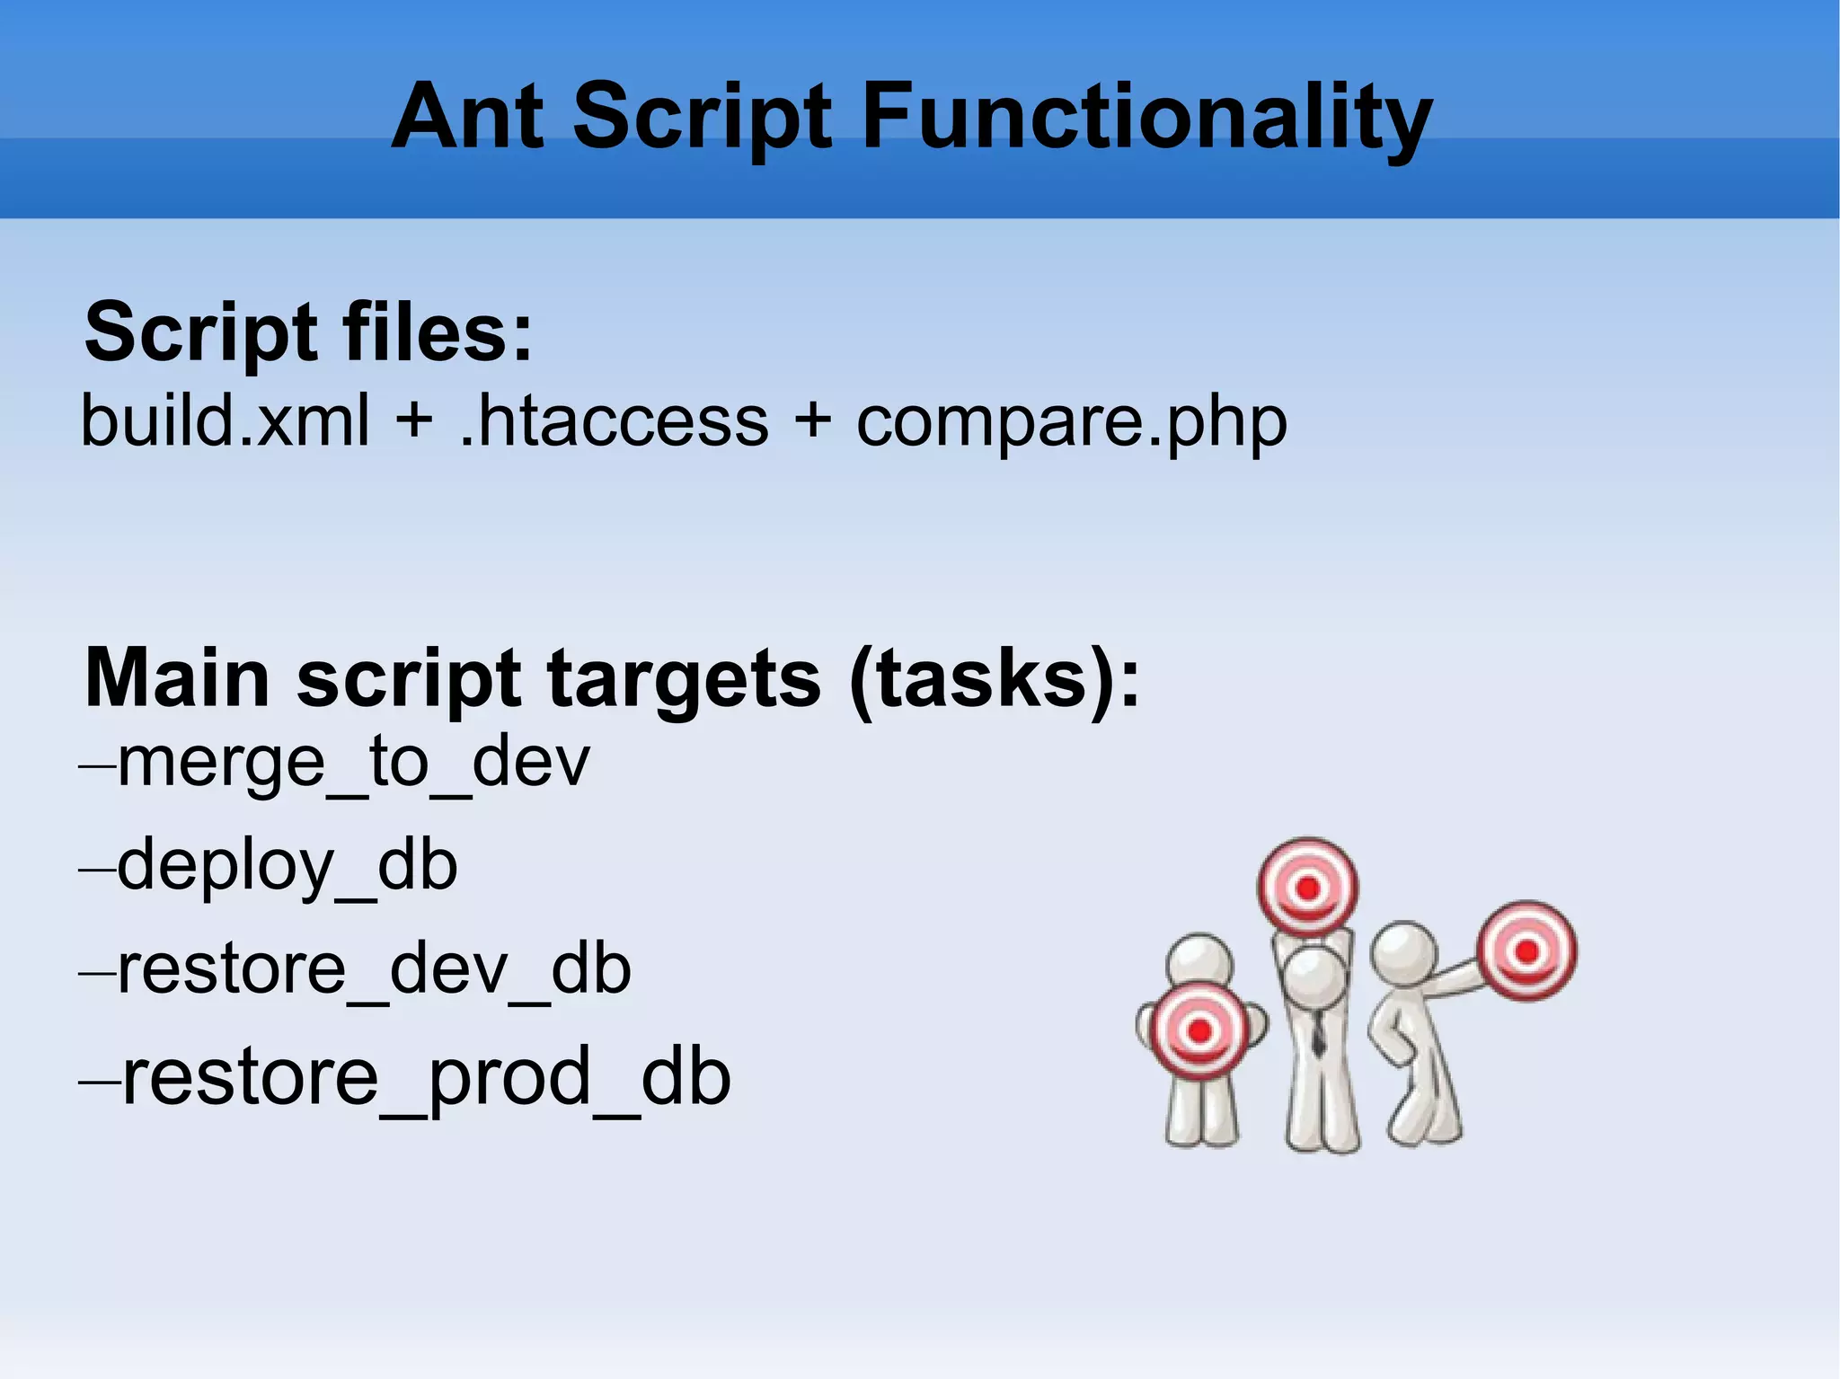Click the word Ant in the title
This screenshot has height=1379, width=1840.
coord(468,117)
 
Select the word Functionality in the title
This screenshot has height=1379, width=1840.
coord(1146,117)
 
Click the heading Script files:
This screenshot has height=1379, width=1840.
coord(308,333)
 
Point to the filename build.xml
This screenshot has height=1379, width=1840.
coord(225,420)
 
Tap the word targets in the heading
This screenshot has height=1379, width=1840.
coord(683,679)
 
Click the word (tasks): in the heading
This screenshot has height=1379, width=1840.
coord(995,679)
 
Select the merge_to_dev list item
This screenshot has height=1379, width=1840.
coord(352,762)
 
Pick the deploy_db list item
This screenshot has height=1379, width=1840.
coord(286,866)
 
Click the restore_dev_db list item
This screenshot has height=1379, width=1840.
coord(373,970)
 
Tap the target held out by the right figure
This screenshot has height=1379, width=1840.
coord(1526,950)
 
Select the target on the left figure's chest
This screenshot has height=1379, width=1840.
coord(1199,1031)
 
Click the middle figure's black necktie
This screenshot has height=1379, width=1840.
coord(1317,1033)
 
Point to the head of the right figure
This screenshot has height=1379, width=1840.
coord(1403,952)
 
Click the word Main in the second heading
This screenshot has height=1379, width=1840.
coord(177,679)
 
